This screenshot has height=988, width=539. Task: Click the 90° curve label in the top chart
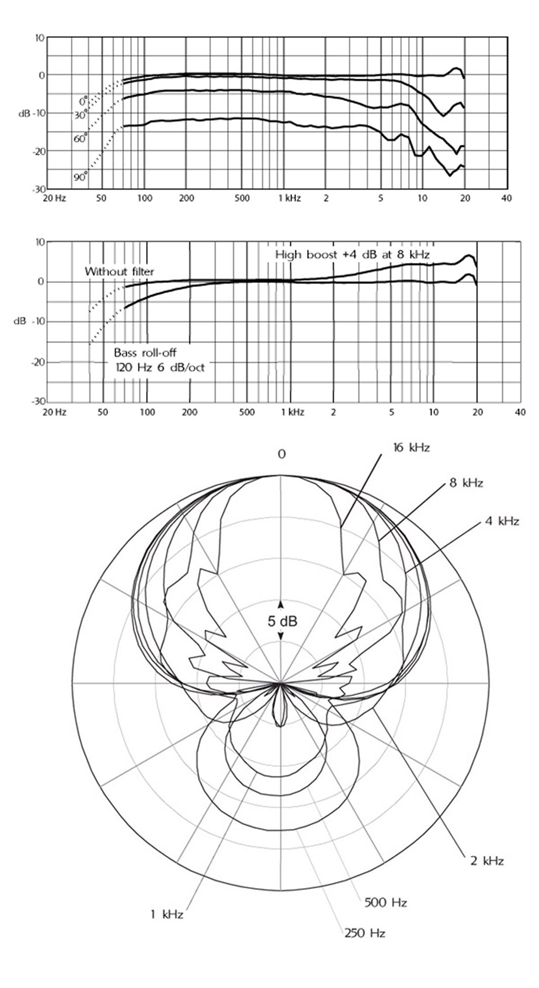click(x=81, y=177)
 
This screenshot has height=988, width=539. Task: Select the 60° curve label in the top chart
click(x=81, y=139)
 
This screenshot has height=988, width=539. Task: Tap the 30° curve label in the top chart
click(x=81, y=115)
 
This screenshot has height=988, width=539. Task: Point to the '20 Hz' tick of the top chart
click(x=54, y=198)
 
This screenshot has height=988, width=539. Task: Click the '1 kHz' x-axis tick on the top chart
click(x=290, y=198)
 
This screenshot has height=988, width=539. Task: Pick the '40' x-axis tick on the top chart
click(x=507, y=198)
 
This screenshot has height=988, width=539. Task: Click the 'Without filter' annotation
click(x=119, y=271)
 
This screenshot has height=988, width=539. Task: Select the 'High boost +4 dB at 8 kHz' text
click(x=352, y=254)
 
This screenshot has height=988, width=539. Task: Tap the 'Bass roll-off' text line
click(x=145, y=352)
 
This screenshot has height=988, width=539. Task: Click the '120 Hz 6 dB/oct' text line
click(x=160, y=367)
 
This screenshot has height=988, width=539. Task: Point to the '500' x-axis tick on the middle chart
click(x=246, y=412)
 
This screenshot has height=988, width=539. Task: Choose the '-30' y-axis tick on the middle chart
click(x=39, y=401)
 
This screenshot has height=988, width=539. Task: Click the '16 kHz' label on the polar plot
click(x=411, y=448)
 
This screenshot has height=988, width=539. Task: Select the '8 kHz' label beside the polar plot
click(x=466, y=483)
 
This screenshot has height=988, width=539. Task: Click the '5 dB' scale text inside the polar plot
click(x=282, y=622)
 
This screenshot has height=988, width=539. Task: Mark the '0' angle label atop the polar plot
click(x=281, y=454)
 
